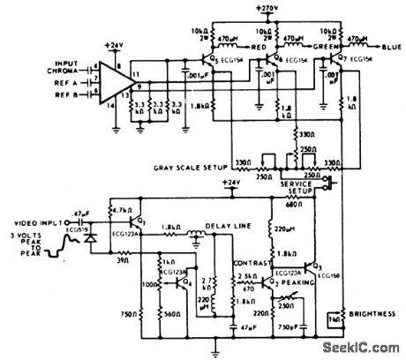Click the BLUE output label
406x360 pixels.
pyautogui.click(x=388, y=40)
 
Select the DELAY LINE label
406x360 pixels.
pyautogui.click(x=228, y=226)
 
